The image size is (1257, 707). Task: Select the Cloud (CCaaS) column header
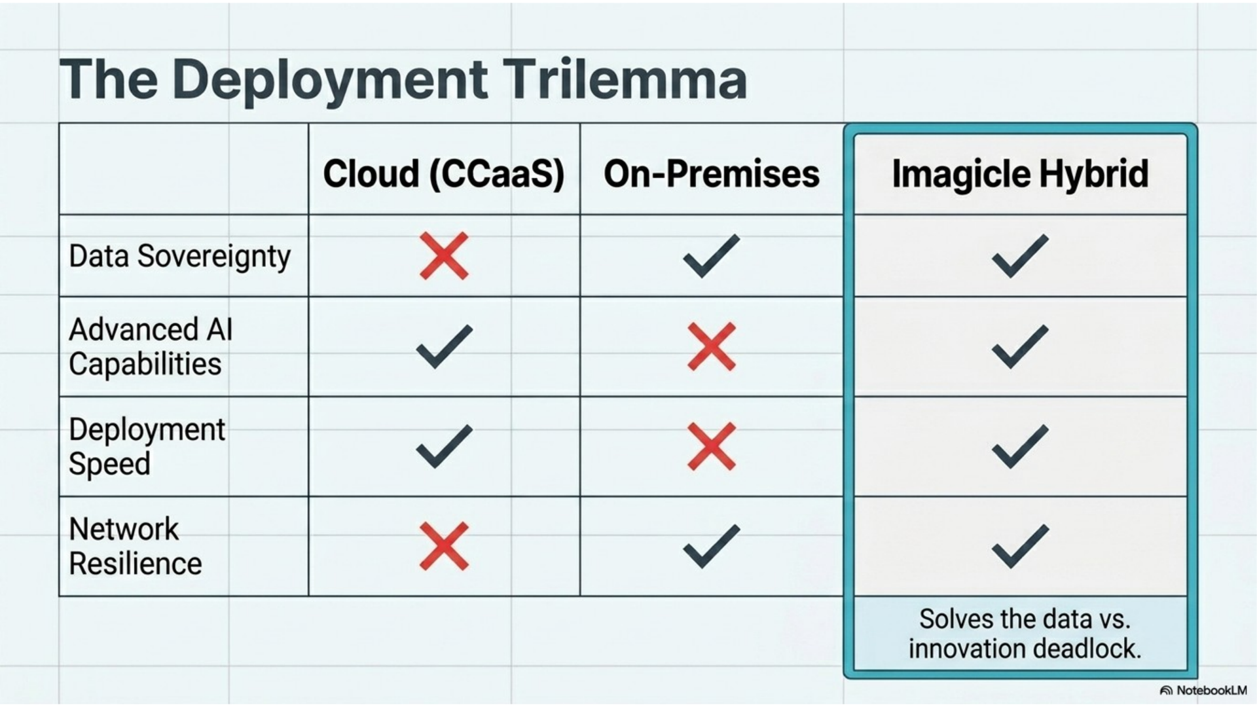click(x=444, y=174)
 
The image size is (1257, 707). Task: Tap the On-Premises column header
click(x=712, y=174)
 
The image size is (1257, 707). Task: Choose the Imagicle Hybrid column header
click(x=1020, y=174)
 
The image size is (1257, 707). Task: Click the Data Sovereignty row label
click(x=179, y=257)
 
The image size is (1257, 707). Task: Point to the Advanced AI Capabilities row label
click(x=151, y=347)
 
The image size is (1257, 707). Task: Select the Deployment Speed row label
click(x=147, y=447)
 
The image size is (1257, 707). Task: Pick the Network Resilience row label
click(x=136, y=547)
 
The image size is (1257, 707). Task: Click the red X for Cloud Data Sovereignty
click(x=444, y=256)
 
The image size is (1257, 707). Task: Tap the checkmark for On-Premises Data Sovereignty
click(x=711, y=256)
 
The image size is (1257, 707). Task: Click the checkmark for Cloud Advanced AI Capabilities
click(x=444, y=346)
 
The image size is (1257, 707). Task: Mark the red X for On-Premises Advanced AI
click(x=712, y=346)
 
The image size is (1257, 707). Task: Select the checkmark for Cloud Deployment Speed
click(x=444, y=446)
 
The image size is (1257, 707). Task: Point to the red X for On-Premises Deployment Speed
click(x=712, y=446)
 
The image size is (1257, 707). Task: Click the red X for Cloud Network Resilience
click(x=444, y=546)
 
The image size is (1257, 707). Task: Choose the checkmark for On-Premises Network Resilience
click(x=711, y=546)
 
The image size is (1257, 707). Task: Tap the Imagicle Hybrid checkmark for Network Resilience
click(x=1020, y=546)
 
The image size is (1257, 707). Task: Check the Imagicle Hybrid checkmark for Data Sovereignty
click(x=1020, y=256)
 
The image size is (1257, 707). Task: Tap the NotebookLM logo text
click(x=1211, y=691)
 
